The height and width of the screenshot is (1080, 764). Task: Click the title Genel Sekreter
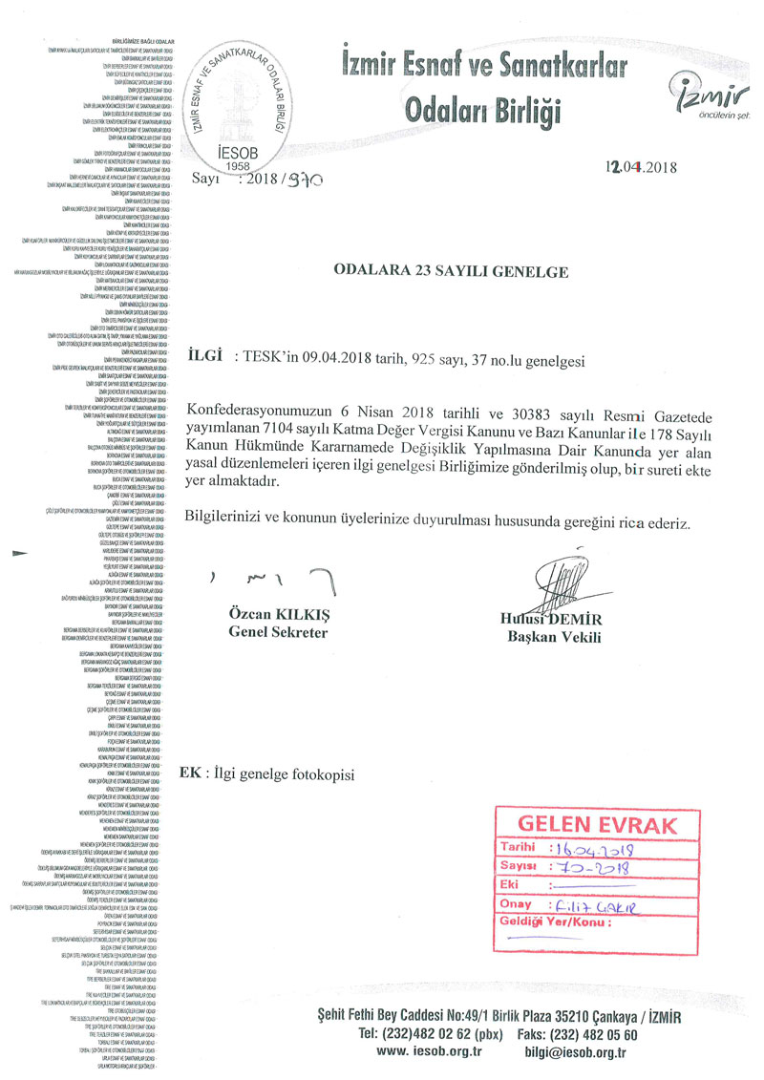click(x=278, y=632)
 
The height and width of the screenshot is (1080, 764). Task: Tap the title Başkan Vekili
click(x=547, y=636)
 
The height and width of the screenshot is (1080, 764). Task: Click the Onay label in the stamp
click(x=517, y=903)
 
